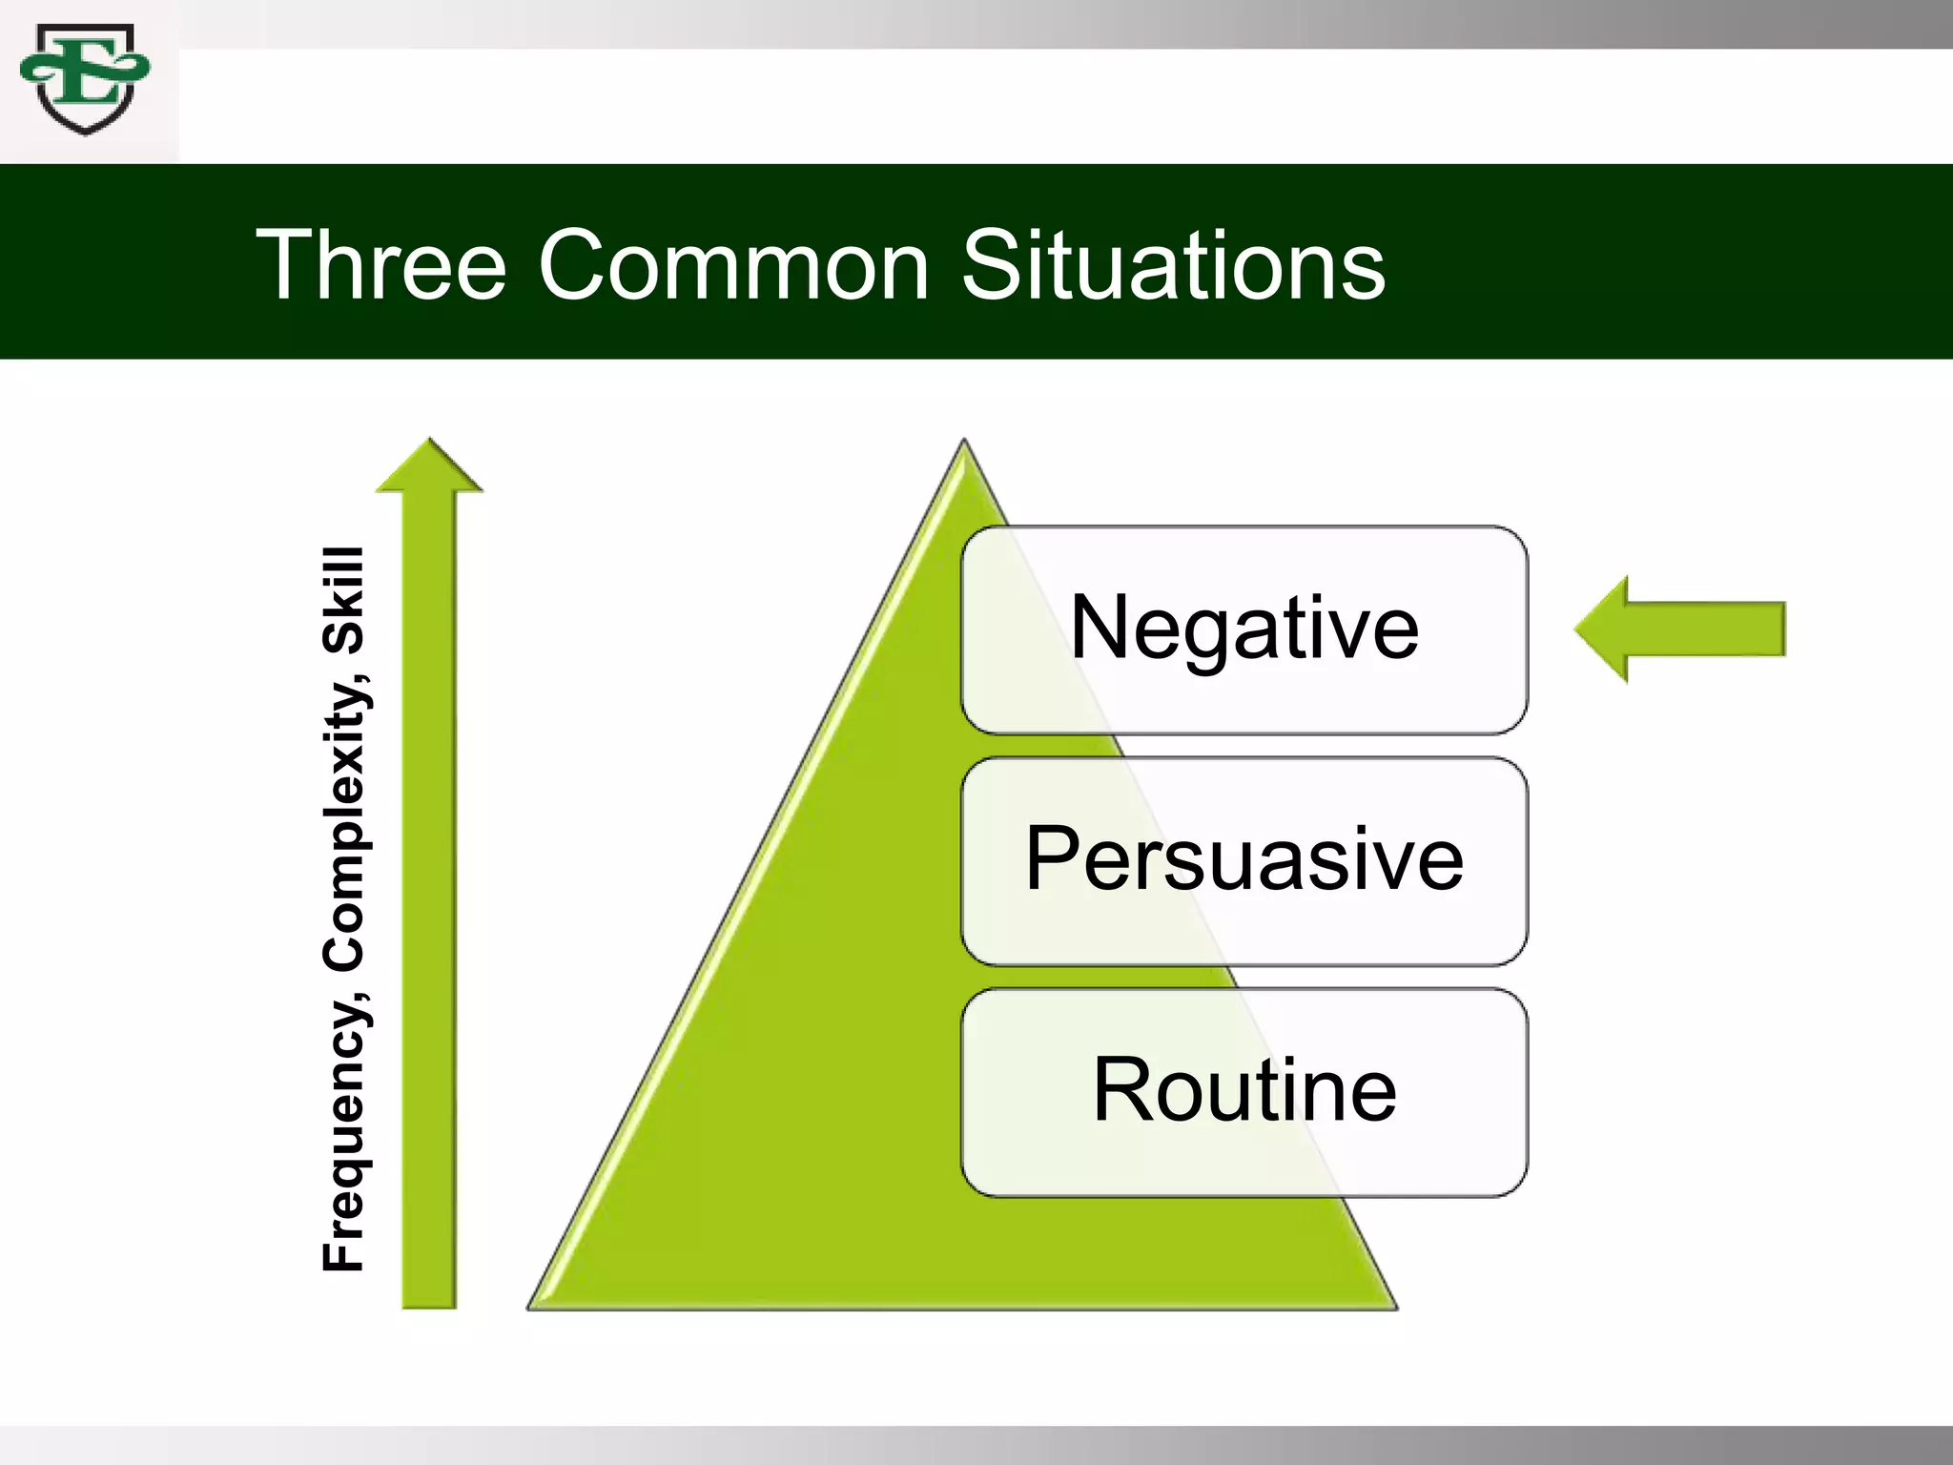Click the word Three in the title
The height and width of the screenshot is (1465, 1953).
(x=381, y=266)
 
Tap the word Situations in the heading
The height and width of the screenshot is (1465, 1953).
(x=1172, y=266)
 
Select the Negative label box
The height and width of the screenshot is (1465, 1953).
(x=1244, y=629)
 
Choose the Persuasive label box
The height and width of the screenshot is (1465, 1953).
(x=1244, y=860)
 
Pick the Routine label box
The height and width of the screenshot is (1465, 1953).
(x=1244, y=1092)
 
